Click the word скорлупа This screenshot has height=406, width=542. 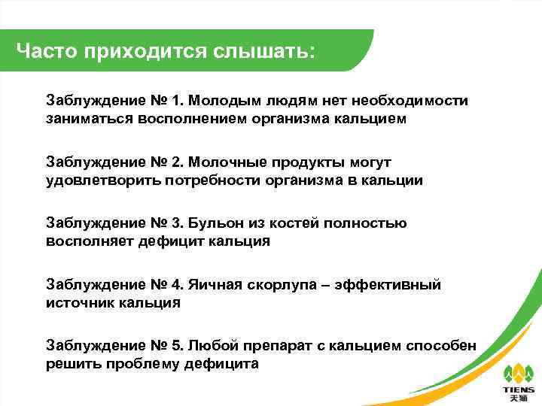[282, 285]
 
